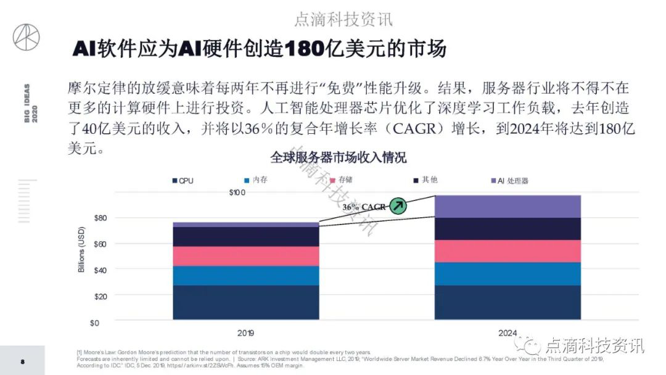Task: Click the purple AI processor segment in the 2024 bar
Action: click(x=508, y=207)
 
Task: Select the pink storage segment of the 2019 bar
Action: click(x=245, y=256)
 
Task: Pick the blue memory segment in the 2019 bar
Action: click(x=245, y=275)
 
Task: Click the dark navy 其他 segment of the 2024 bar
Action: click(x=508, y=228)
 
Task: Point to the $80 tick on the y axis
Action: click(x=101, y=218)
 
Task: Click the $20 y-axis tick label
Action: click(x=101, y=295)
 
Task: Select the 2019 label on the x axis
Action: click(x=245, y=333)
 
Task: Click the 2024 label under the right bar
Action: click(x=508, y=333)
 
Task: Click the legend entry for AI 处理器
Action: click(x=510, y=181)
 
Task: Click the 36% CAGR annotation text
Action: click(x=364, y=207)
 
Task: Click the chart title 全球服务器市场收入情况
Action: click(x=339, y=157)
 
